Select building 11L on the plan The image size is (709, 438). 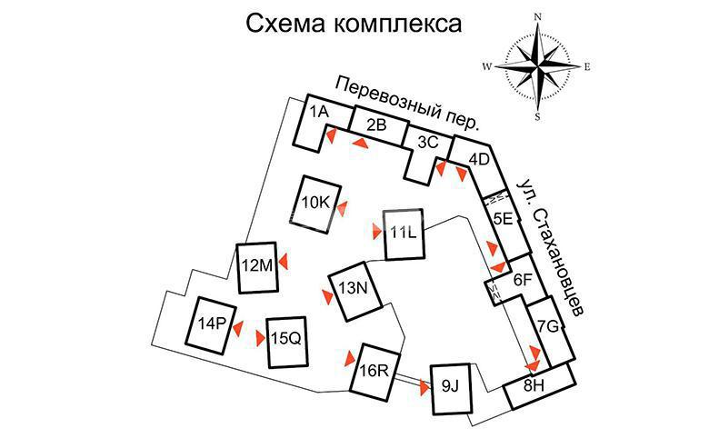pyautogui.click(x=404, y=234)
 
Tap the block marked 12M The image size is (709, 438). pyautogui.click(x=257, y=267)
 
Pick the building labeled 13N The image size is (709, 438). pyautogui.click(x=354, y=291)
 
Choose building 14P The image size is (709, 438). pyautogui.click(x=212, y=325)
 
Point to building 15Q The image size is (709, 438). pyautogui.click(x=286, y=342)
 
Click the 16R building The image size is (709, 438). pyautogui.click(x=375, y=372)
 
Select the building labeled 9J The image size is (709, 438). pyautogui.click(x=451, y=389)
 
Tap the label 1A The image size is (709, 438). pyautogui.click(x=319, y=111)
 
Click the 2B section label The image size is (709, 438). pyautogui.click(x=376, y=124)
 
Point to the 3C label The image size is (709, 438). pyautogui.click(x=428, y=142)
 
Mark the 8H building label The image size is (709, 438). pyautogui.click(x=534, y=385)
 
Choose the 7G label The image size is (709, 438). pyautogui.click(x=548, y=326)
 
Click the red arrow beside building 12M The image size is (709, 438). pyautogui.click(x=284, y=262)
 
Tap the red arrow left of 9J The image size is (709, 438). pyautogui.click(x=424, y=388)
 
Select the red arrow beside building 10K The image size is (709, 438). pyautogui.click(x=342, y=209)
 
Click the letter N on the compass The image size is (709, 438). pyautogui.click(x=538, y=17)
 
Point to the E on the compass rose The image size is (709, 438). pyautogui.click(x=587, y=67)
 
